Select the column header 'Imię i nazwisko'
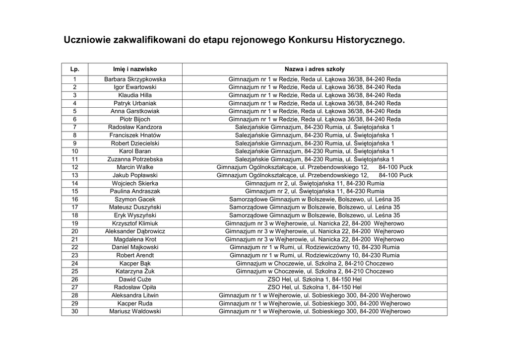coord(135,69)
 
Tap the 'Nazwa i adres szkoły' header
coord(315,69)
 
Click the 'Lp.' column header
coord(75,69)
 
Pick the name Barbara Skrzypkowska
coord(135,79)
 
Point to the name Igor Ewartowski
coord(135,87)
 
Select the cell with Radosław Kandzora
coord(135,127)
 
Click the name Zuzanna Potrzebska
coord(135,159)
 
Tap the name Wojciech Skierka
coord(135,183)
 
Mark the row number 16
coord(75,199)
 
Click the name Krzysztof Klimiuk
coord(135,223)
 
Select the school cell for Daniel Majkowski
coord(315,247)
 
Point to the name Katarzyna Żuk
coord(135,272)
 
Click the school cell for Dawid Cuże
coord(315,280)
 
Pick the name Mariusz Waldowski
coord(135,311)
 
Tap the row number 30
coord(75,311)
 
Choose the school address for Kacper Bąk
coord(315,263)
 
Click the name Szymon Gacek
coord(135,199)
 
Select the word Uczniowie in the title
coord(87,39)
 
